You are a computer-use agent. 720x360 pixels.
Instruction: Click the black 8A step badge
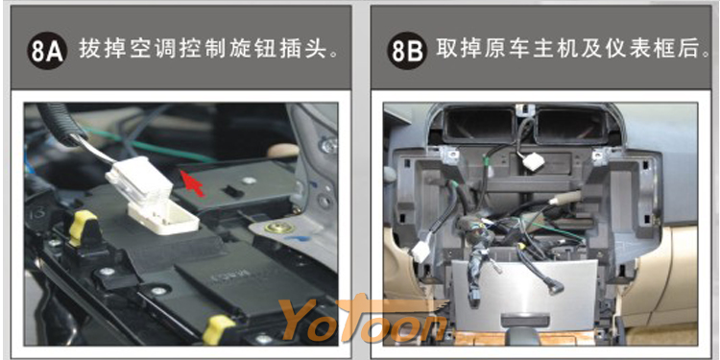click(47, 51)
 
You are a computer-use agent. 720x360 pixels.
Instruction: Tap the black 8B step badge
click(407, 51)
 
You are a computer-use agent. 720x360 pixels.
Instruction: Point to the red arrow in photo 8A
click(191, 182)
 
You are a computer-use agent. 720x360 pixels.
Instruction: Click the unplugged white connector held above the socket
click(139, 180)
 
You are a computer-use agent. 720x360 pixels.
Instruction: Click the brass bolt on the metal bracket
click(276, 228)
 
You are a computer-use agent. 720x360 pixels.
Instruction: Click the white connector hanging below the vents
click(532, 161)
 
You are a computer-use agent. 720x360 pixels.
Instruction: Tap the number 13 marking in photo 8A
click(38, 213)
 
